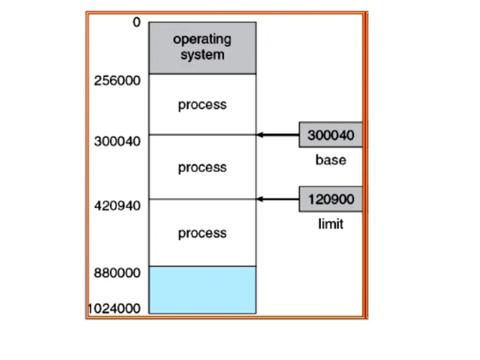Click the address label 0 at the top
[x=136, y=22]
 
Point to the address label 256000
[x=117, y=81]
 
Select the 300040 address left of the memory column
[x=117, y=142]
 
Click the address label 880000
[x=117, y=273]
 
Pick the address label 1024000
[x=114, y=308]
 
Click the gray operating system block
[x=202, y=48]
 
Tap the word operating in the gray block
[x=202, y=39]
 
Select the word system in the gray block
[x=202, y=55]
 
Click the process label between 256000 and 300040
[x=202, y=105]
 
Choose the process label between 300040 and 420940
[x=202, y=167]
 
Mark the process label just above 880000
[x=202, y=233]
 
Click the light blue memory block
[x=202, y=290]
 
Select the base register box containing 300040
[x=331, y=135]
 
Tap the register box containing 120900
[x=331, y=199]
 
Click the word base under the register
[x=331, y=160]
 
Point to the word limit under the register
[x=331, y=224]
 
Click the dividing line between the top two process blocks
[x=202, y=135]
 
